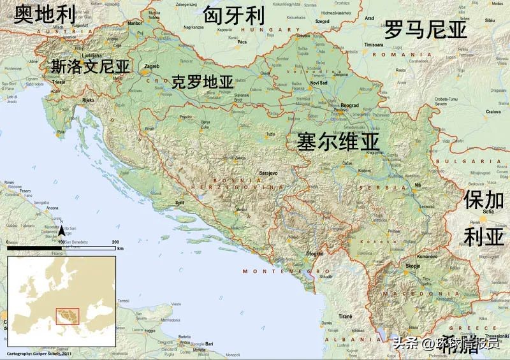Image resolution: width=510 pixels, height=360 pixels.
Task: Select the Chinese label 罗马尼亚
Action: point(425,30)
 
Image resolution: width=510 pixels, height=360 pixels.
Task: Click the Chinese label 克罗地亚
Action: point(203,82)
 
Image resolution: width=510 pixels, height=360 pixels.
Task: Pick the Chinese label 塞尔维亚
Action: point(338,141)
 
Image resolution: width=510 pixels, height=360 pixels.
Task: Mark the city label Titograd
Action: point(313,254)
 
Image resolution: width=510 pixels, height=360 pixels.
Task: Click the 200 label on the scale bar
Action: point(115,242)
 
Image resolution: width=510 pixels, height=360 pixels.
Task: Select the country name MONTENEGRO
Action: point(276,271)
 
